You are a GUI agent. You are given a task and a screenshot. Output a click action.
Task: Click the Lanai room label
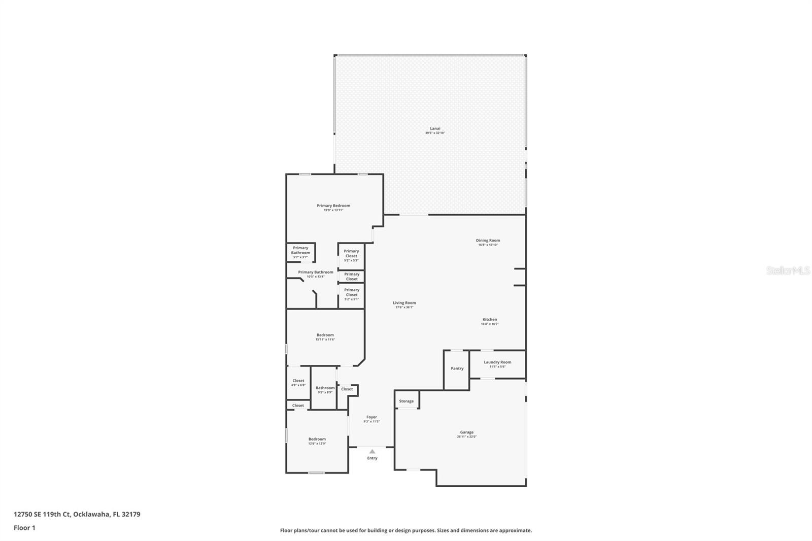point(435,129)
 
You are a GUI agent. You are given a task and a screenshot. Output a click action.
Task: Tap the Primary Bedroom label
point(333,206)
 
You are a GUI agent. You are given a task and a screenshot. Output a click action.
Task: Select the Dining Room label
point(488,241)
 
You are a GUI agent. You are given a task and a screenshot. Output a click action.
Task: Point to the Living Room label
point(404,303)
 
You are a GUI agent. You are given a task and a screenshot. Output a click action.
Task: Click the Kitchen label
point(490,320)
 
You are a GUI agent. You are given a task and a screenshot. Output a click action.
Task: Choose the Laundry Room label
point(497,362)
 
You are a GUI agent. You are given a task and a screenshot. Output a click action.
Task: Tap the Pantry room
point(457,368)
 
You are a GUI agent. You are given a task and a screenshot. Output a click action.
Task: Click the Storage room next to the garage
point(406,401)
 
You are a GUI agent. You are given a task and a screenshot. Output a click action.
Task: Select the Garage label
point(466,432)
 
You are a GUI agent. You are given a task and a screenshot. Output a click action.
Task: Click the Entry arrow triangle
point(372,451)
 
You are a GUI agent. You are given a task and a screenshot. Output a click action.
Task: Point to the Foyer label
point(371,417)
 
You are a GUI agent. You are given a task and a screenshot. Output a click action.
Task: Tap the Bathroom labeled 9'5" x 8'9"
point(325,388)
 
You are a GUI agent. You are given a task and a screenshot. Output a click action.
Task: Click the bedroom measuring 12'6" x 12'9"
point(317,439)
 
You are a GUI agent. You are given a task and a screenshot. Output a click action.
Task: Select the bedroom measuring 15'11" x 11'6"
point(325,335)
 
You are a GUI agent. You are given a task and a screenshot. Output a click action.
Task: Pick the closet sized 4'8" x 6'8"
point(298,381)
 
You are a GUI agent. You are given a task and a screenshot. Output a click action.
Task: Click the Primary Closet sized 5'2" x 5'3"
point(351,254)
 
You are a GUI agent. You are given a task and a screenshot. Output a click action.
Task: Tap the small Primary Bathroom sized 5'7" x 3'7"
point(300,251)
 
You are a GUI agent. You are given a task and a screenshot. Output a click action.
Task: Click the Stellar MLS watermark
point(788,270)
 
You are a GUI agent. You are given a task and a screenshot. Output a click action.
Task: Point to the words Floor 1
point(24,528)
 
